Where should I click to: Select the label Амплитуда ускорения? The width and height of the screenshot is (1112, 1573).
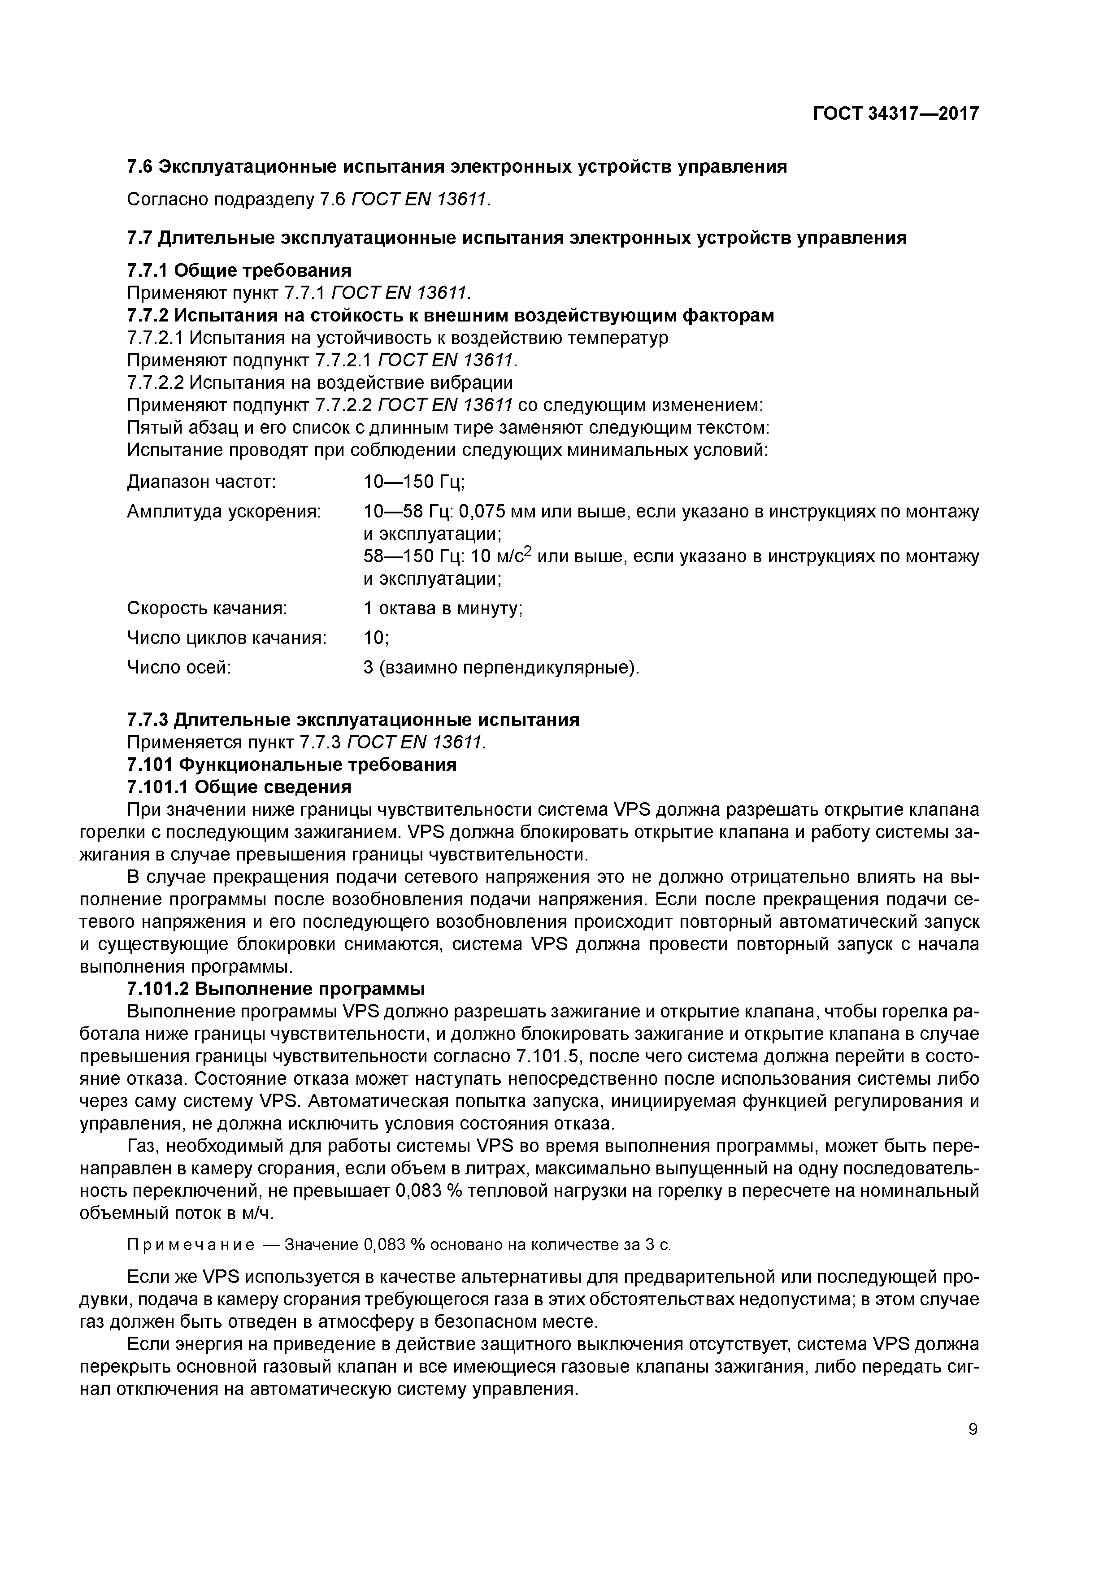(x=224, y=512)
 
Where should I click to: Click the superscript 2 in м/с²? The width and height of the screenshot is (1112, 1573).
(x=528, y=552)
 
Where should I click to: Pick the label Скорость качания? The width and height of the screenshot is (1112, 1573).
(x=207, y=608)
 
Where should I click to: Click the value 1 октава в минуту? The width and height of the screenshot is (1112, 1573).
(x=443, y=608)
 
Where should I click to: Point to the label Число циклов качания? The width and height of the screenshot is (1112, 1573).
(x=227, y=638)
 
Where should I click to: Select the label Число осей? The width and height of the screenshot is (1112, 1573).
(x=179, y=667)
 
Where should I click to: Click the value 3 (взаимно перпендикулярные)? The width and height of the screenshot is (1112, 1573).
(x=501, y=667)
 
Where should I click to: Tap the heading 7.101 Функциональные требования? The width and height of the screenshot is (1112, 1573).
(x=292, y=764)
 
